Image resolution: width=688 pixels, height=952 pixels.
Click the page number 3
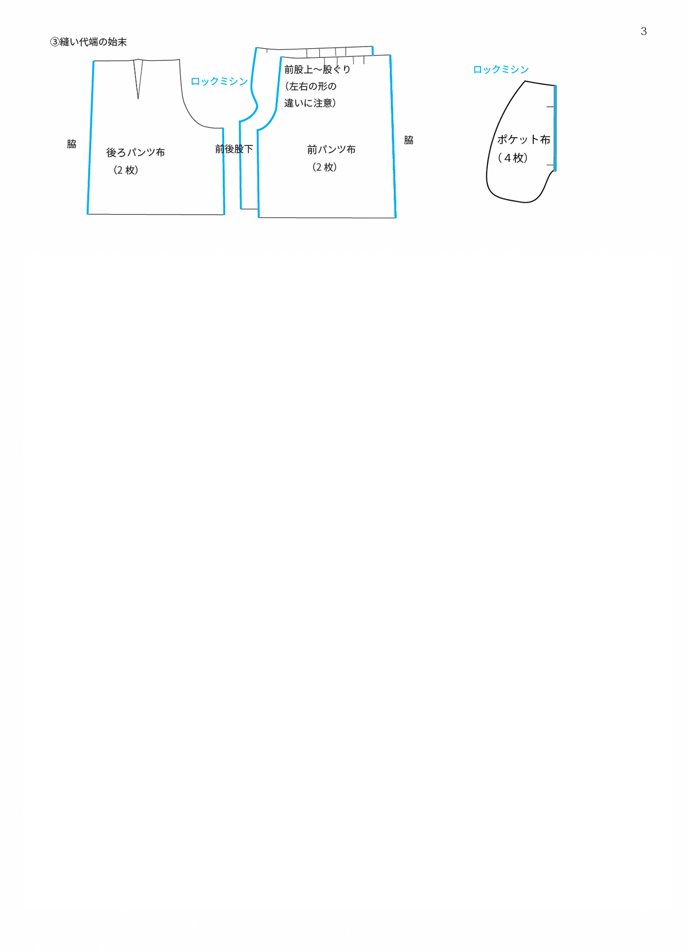coord(643,32)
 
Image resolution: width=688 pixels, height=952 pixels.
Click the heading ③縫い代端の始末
coord(88,42)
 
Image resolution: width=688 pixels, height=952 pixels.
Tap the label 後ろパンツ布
coord(135,153)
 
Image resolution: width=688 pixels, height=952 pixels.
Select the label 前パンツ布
coord(331,150)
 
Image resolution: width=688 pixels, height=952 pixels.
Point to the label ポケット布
coord(523,139)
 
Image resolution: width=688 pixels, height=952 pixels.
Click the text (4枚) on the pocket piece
coord(513,158)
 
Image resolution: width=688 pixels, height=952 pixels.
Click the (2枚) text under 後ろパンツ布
coord(126,170)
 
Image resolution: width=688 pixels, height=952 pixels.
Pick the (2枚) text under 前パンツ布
coord(325,168)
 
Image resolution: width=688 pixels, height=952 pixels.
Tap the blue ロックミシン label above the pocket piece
coord(501,69)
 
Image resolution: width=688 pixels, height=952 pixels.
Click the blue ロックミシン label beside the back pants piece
coord(219,81)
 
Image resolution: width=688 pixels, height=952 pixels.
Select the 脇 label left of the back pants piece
coord(71,144)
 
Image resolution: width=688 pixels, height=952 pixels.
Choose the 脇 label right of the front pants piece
coord(409,140)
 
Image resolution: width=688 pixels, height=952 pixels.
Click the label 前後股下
coord(234,149)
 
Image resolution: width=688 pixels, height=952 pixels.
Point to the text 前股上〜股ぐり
coord(317,69)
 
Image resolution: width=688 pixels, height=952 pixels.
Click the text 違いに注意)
coord(310,103)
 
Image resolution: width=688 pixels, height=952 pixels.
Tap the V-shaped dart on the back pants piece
coord(138,79)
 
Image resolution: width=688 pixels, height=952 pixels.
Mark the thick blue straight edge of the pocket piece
coord(555,129)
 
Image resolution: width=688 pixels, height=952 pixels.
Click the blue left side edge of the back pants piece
coord(91,138)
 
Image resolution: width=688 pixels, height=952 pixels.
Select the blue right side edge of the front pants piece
coord(393,137)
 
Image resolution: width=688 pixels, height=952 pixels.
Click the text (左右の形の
coord(310,86)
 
